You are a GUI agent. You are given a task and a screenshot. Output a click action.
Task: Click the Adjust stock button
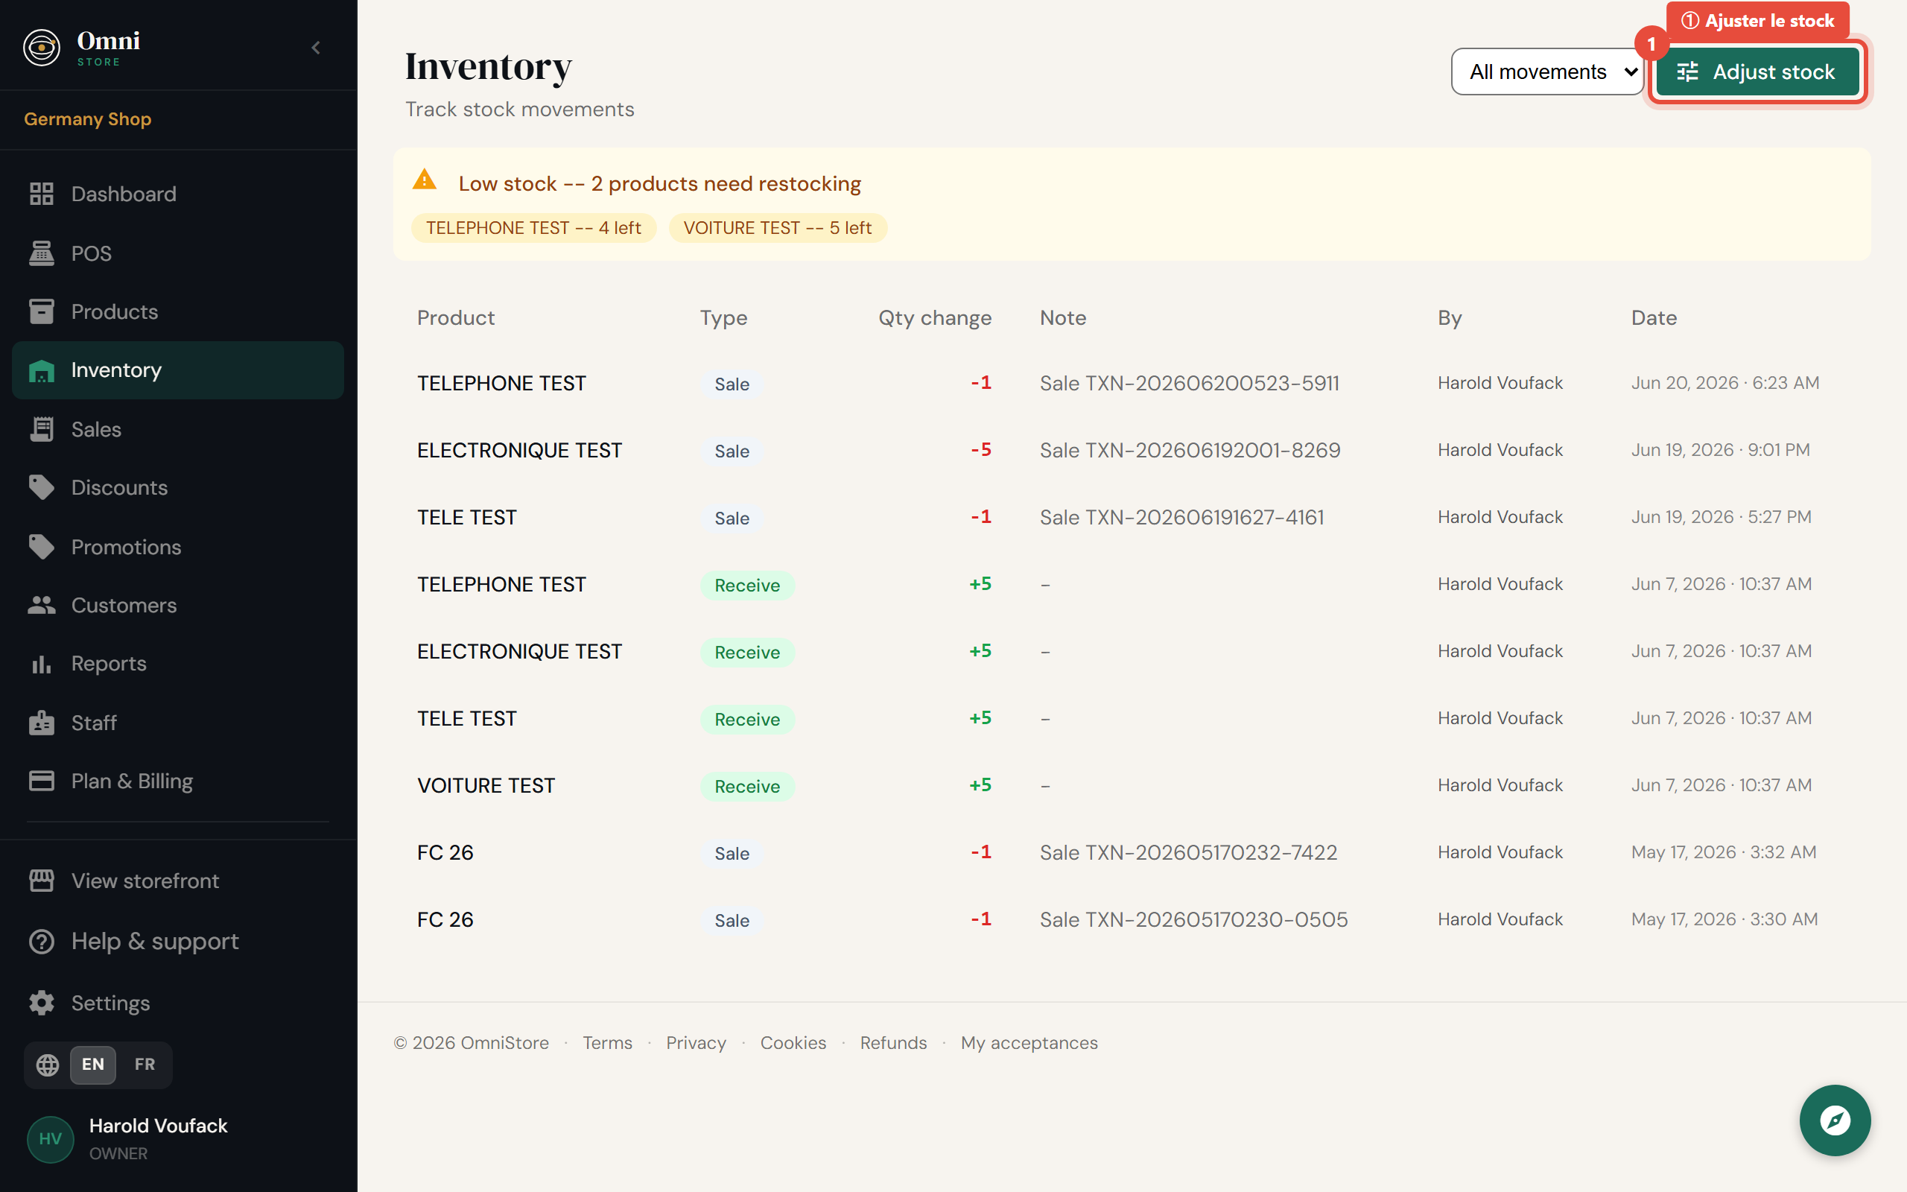(1757, 72)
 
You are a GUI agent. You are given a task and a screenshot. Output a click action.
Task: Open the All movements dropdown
(1546, 72)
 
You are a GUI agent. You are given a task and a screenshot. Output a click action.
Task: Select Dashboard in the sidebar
(124, 194)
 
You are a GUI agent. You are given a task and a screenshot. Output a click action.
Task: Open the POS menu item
(92, 253)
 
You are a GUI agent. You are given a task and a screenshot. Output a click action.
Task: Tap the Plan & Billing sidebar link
(132, 781)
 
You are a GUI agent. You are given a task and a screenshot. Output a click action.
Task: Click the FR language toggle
(145, 1065)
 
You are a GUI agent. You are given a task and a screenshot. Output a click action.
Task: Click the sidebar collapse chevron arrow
(316, 48)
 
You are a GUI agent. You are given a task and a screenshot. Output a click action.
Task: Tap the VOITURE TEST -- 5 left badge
(778, 228)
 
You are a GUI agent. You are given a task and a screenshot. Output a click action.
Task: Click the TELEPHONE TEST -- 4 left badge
(533, 228)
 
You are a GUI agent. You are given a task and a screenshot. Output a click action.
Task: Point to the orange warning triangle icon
(425, 180)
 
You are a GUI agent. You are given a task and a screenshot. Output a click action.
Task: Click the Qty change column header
(935, 317)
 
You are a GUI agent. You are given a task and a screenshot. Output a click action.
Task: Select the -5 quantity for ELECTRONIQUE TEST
(980, 450)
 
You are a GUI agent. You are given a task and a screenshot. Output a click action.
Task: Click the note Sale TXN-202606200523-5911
(1189, 383)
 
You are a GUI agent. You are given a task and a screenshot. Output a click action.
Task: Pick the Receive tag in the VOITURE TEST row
(747, 786)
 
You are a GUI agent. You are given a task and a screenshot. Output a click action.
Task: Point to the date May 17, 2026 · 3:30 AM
(1724, 919)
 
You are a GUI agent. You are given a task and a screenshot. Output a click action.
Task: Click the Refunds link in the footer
(893, 1043)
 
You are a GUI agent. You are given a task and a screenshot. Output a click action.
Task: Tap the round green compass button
(1835, 1120)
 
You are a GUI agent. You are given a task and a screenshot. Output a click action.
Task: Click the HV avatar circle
(51, 1139)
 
